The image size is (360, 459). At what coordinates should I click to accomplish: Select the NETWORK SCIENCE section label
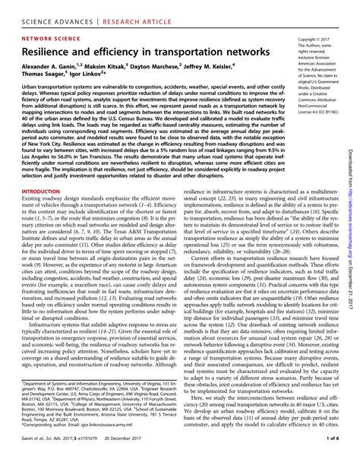pyautogui.click(x=52, y=35)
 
